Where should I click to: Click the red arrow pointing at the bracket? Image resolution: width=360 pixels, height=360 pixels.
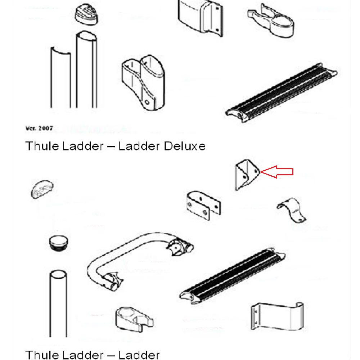coord(277,172)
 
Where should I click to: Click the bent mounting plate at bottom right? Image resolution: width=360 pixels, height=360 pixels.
coord(277,317)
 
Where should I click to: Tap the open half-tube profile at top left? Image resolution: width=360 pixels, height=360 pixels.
coord(60,79)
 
